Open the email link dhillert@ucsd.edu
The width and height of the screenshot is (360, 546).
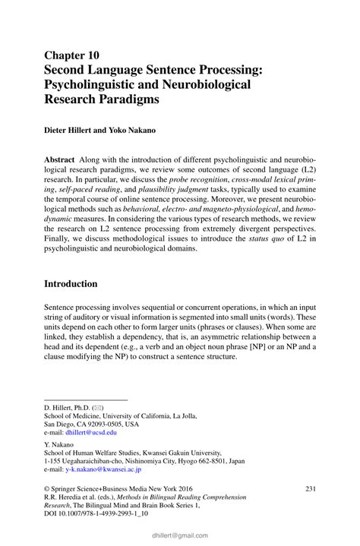(x=91, y=432)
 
